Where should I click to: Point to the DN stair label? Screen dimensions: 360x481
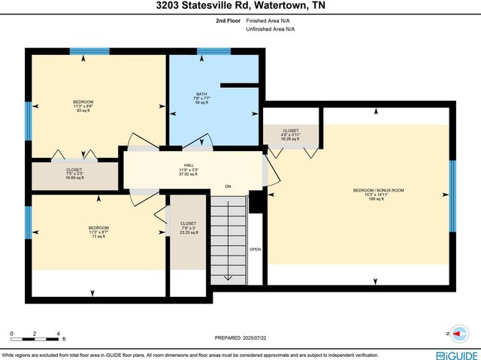coord(228,186)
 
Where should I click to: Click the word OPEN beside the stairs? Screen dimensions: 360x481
coord(256,250)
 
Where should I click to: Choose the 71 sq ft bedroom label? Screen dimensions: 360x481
coord(98,232)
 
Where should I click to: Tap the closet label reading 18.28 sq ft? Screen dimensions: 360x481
coord(290,135)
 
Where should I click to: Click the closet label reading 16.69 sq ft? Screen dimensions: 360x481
coord(74,174)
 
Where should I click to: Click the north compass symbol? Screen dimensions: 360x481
coord(455,333)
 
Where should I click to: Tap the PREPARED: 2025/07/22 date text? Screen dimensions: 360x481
coord(240,339)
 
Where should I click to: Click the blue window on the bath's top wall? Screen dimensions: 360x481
coord(213,52)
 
